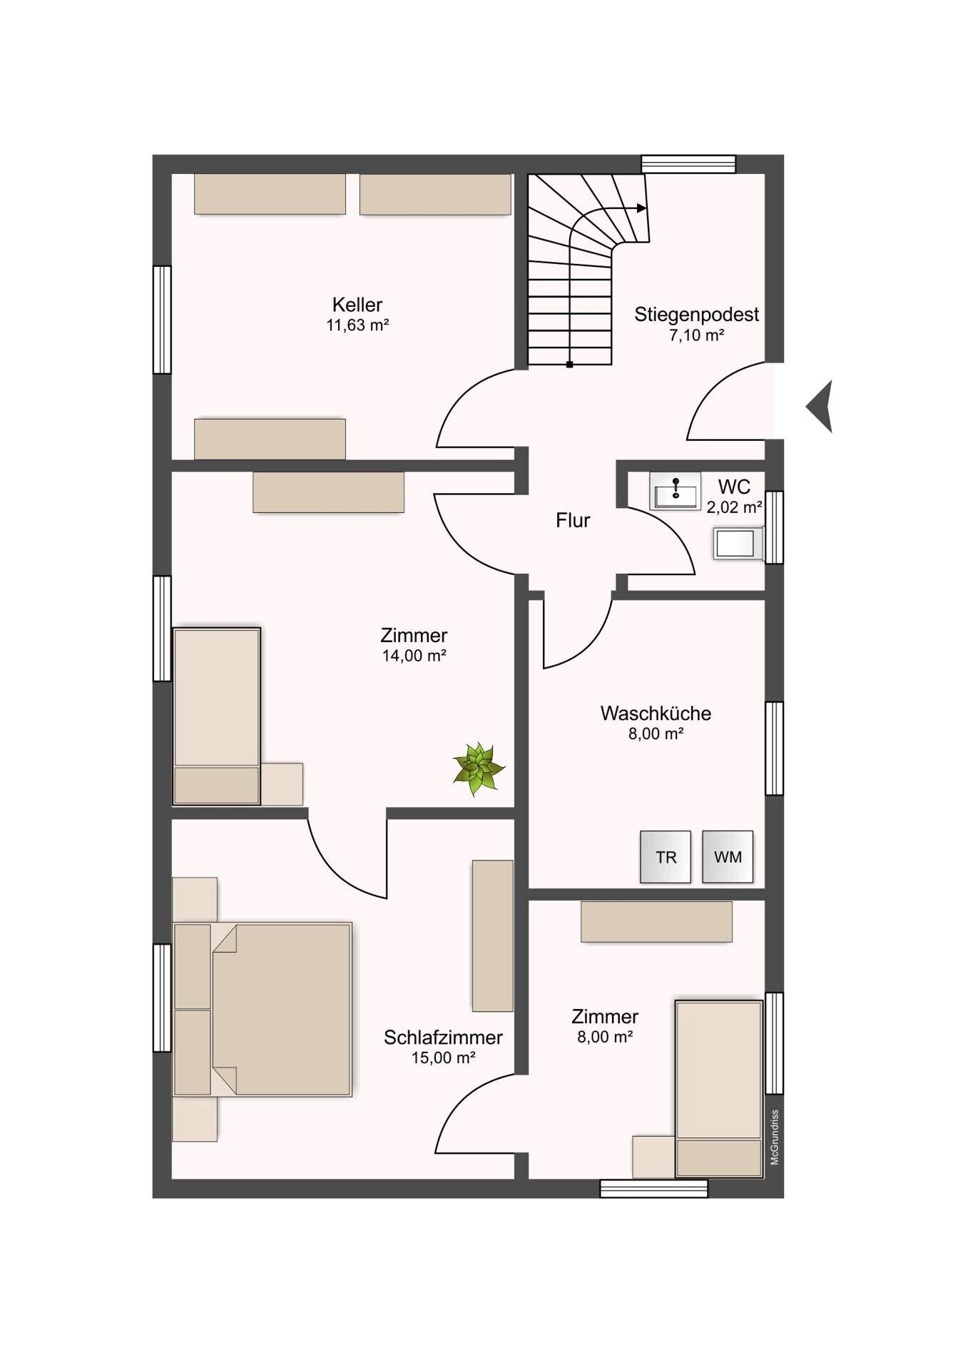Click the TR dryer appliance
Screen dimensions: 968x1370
666,857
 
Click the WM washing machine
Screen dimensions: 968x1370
728,857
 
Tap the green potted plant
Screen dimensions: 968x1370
479,769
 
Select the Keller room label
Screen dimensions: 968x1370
357,305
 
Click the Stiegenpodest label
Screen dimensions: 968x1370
697,314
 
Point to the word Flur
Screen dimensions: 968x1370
573,520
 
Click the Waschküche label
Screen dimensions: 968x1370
656,713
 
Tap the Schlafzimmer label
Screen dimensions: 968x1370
443,1037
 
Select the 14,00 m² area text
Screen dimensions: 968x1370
414,656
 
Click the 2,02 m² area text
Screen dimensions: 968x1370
734,507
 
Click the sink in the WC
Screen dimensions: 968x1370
675,491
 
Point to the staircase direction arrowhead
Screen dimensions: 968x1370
642,208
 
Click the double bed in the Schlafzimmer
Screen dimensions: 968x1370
263,1009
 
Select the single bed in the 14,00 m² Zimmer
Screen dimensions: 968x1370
217,716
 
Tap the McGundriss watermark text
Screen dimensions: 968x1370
775,1137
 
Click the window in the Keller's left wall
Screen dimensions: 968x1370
163,320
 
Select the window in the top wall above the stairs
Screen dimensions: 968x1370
688,164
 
